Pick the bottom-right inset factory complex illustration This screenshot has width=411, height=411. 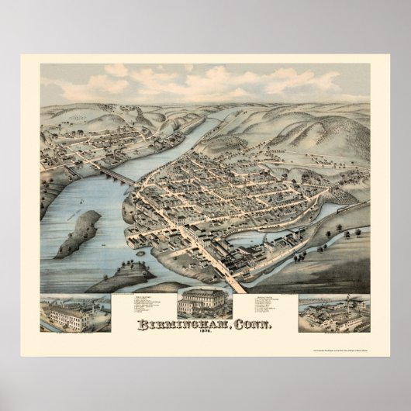[x=333, y=314]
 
